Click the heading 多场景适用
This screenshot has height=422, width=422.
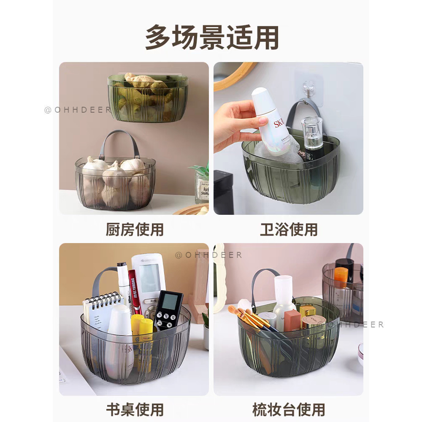(x=211, y=38)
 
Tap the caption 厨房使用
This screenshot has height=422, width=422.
(x=134, y=230)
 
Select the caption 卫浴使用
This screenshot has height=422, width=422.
(x=289, y=230)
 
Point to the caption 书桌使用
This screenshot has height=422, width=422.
(x=134, y=409)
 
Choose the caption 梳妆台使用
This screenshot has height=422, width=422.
(x=289, y=409)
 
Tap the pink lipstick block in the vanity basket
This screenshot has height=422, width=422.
(x=292, y=321)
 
